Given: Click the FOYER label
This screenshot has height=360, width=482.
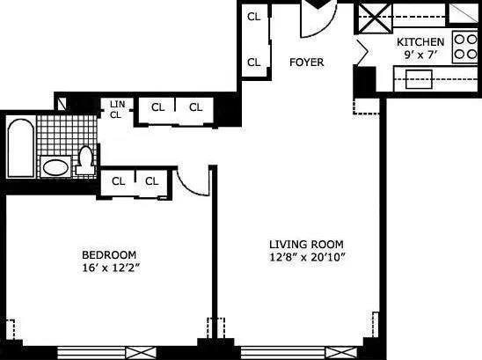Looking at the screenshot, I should point(307,62).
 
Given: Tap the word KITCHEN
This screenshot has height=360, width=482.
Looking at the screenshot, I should point(420,42).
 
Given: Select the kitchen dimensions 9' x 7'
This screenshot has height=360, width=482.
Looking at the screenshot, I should point(421,55).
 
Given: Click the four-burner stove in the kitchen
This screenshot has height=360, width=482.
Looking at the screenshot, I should point(464,46).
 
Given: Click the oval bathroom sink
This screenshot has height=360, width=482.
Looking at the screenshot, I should point(55,166).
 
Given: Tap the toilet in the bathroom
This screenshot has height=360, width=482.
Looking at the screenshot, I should point(86,160).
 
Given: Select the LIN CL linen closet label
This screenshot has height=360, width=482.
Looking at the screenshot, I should point(116,109).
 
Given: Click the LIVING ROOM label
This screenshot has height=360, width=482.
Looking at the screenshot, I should point(305,244).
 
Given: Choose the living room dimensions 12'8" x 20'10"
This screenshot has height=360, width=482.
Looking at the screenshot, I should point(305,257).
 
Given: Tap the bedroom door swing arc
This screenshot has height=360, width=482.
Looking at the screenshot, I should point(192,180).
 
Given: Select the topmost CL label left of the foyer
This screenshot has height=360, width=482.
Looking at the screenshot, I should point(253,17).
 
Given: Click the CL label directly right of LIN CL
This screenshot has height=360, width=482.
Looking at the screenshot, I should point(157,107).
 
